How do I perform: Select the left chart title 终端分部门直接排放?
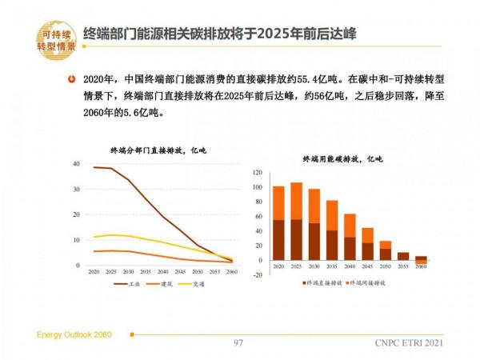146,150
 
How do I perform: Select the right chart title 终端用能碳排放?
342,160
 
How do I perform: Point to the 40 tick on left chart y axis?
76,164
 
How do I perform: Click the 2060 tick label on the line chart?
231,272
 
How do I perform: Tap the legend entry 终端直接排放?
324,282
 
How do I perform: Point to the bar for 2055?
403,256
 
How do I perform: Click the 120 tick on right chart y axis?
258,173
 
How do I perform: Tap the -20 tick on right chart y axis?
258,275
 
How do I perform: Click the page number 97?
238,343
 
